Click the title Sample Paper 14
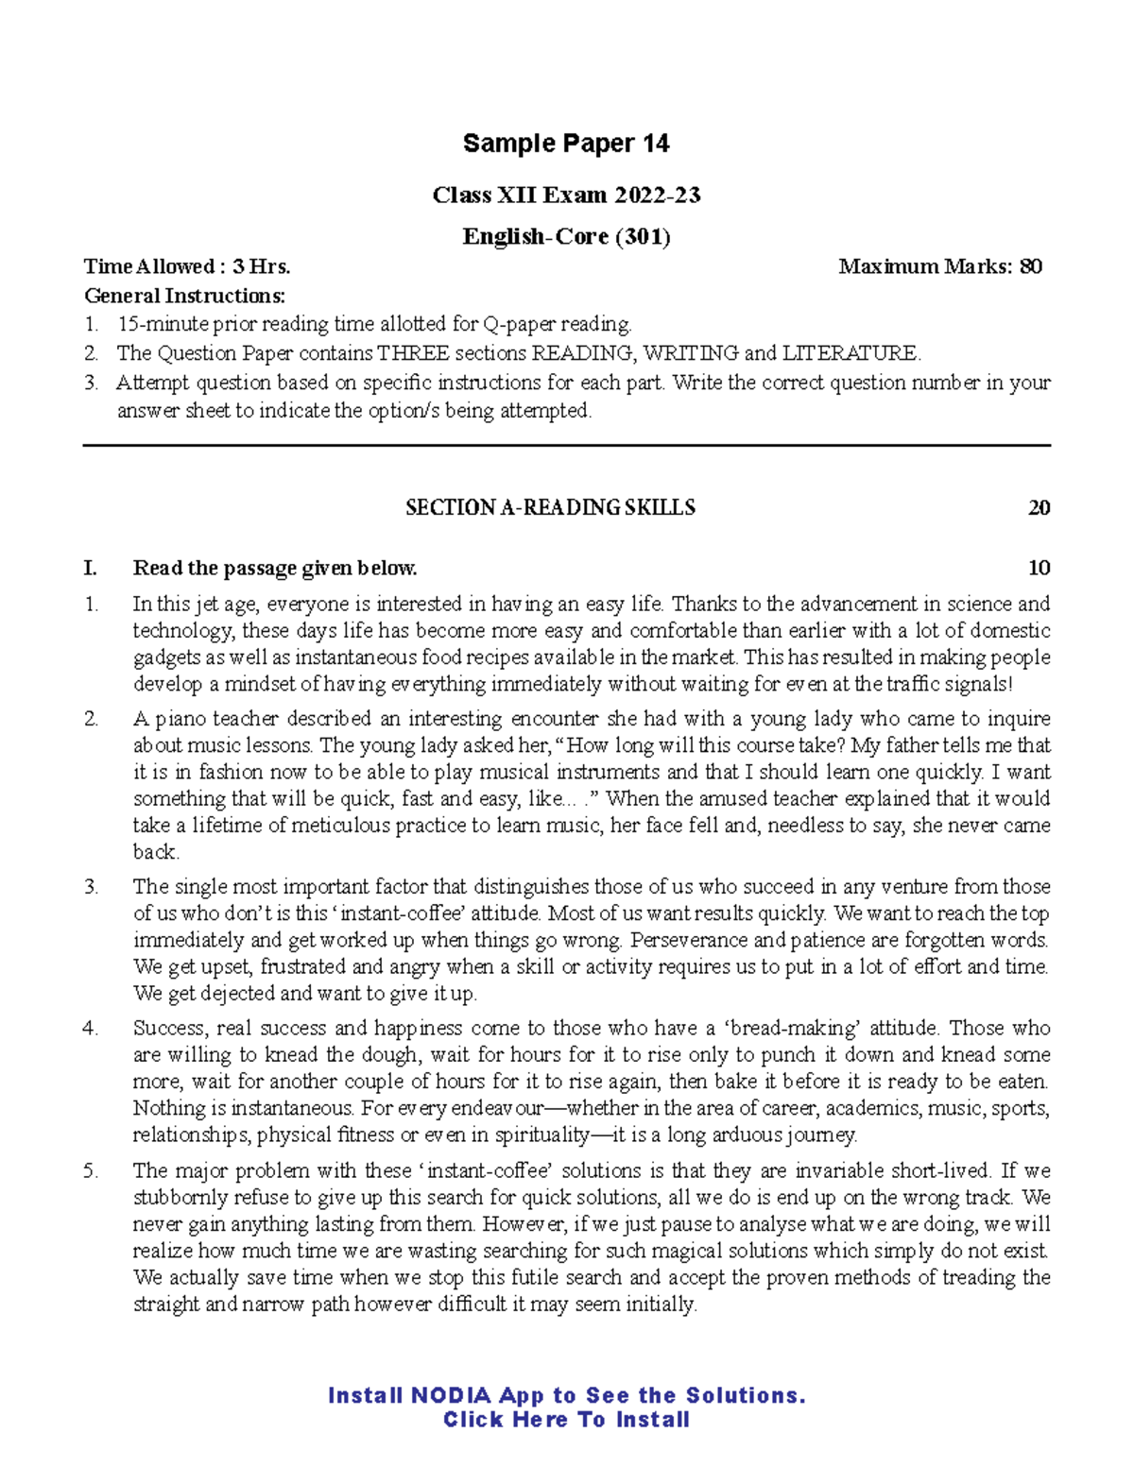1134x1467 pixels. click(566, 144)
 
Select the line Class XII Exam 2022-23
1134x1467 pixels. click(566, 196)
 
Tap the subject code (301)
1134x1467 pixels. click(643, 236)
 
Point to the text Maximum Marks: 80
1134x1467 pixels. click(940, 266)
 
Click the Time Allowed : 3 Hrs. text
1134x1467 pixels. click(187, 266)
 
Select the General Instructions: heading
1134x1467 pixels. click(184, 296)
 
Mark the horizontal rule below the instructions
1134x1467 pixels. click(566, 445)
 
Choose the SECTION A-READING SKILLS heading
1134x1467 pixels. click(550, 508)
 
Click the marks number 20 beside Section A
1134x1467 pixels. click(1039, 508)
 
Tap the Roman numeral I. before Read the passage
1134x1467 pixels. click(91, 568)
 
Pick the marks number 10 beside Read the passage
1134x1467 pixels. click(1039, 568)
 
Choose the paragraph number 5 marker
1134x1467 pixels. click(91, 1170)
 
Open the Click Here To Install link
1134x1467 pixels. click(566, 1420)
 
